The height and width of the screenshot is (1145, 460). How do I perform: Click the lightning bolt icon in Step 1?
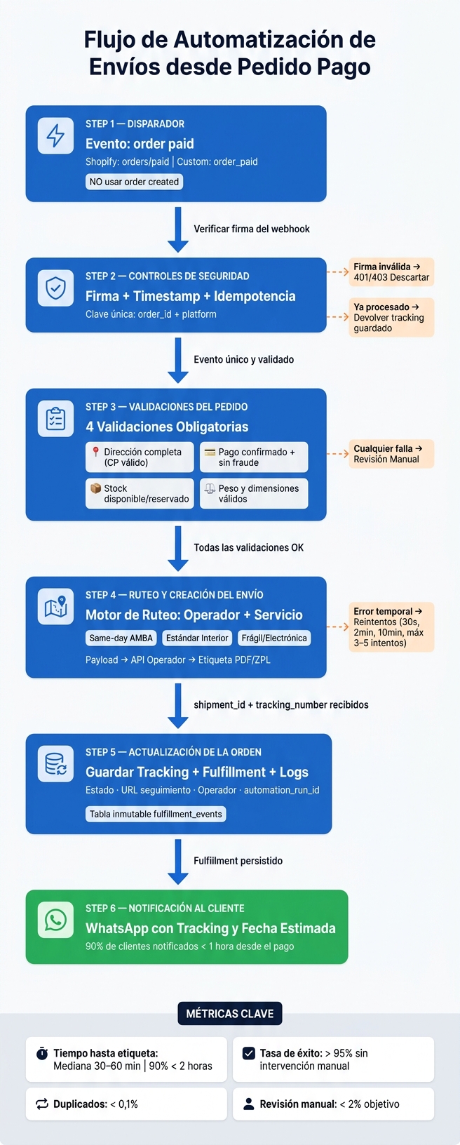pyautogui.click(x=55, y=135)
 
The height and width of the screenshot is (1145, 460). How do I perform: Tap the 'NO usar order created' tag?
pyautogui.click(x=134, y=182)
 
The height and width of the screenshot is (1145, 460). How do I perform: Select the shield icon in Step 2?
pyautogui.click(x=55, y=288)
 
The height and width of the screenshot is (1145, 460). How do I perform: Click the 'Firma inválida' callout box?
pyautogui.click(x=391, y=272)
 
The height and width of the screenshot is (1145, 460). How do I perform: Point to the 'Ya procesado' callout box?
pyautogui.click(x=391, y=317)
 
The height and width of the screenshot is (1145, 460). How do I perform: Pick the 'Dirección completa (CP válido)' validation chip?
pyautogui.click(x=140, y=457)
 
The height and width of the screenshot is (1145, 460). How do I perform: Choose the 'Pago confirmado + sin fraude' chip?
pyautogui.click(x=254, y=457)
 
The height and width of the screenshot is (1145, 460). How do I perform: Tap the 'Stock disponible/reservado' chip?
pyautogui.click(x=140, y=493)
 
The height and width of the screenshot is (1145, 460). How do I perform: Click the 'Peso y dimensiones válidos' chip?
pyautogui.click(x=254, y=493)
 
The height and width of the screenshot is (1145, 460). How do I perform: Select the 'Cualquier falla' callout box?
pyautogui.click(x=391, y=454)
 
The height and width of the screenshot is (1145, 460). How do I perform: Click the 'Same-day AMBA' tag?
pyautogui.click(x=121, y=638)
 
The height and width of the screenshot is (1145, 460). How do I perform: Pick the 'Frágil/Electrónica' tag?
pyautogui.click(x=274, y=638)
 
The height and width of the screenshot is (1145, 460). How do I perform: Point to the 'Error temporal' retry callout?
pyautogui.click(x=391, y=627)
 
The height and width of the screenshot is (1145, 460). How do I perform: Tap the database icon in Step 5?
pyautogui.click(x=55, y=763)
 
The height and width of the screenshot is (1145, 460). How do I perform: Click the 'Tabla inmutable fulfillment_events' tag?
pyautogui.click(x=156, y=815)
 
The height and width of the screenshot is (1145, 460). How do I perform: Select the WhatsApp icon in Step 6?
pyautogui.click(x=55, y=920)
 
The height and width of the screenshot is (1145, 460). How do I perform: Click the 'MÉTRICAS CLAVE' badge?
pyautogui.click(x=230, y=1014)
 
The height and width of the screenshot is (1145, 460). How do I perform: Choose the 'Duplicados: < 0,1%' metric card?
pyautogui.click(x=126, y=1104)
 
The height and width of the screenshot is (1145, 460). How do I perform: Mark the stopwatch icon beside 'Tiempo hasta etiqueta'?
pyautogui.click(x=42, y=1054)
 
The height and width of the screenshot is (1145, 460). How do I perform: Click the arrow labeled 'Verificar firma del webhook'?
pyautogui.click(x=178, y=229)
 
